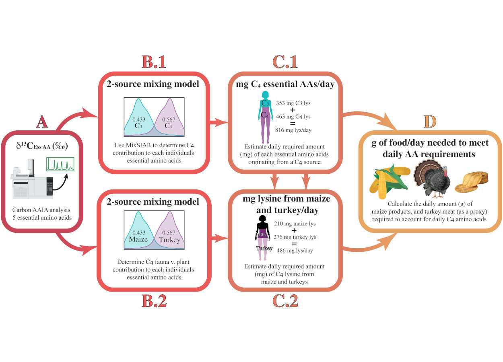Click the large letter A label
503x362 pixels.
coord(42,123)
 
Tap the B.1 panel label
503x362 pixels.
coord(154,62)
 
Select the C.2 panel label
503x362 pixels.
coord(285,301)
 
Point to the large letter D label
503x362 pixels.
coord(430,122)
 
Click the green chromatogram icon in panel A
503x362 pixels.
coord(60,164)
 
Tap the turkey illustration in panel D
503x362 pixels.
coord(432,179)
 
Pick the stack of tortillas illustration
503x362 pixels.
coord(472,182)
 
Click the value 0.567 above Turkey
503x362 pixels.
coord(169,233)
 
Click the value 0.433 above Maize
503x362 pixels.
coord(139,233)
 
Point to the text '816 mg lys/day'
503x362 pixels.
coord(293,130)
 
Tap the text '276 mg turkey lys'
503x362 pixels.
coord(295,237)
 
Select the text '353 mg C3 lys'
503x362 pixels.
coord(293,103)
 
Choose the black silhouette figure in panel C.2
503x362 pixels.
coord(262,238)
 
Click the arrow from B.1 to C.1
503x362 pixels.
coord(219,122)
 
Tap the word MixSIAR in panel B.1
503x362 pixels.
coord(138,145)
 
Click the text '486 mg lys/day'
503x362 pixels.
coord(295,251)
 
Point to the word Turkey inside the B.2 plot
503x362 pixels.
coord(169,240)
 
